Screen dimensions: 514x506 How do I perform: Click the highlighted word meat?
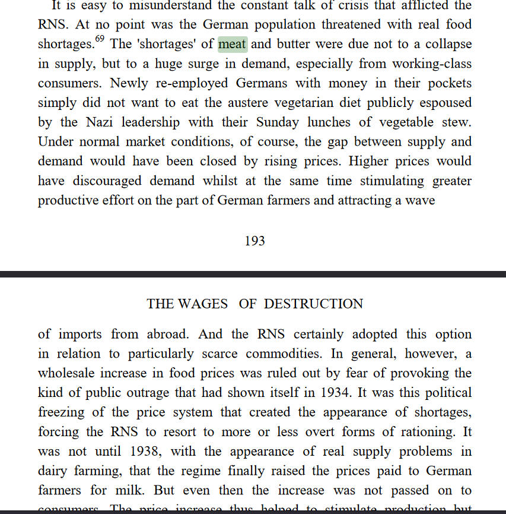233,45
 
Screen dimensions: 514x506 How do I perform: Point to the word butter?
293,45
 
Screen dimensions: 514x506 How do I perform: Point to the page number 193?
254,241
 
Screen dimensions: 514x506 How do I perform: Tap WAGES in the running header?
203,304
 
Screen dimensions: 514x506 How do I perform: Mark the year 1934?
359,393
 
